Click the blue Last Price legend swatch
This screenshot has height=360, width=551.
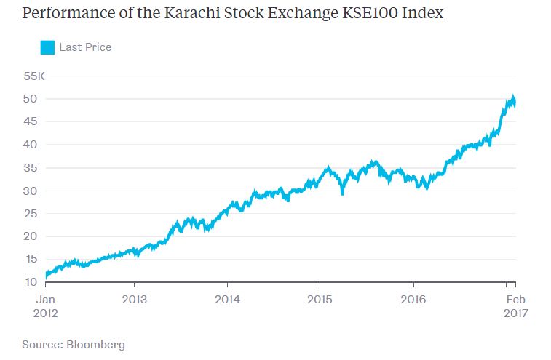coord(48,47)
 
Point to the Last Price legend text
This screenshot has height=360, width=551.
coord(85,47)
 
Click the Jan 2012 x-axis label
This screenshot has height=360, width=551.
coord(46,305)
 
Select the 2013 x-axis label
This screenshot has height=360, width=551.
coord(135,299)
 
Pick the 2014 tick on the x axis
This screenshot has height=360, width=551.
coord(228,299)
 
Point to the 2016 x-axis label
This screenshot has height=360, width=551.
coord(413,299)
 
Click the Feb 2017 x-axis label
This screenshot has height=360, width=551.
coord(516,305)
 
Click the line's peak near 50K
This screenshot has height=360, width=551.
coord(513,97)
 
